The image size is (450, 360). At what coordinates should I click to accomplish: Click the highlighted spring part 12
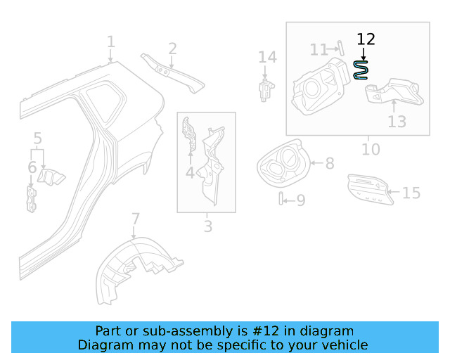361,69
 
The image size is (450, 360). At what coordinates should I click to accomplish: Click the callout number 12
366,39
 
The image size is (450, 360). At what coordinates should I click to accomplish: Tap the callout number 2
172,49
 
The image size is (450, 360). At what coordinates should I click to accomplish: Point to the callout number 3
207,226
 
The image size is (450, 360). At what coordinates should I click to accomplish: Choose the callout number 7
136,219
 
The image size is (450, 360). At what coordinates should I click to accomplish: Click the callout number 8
329,164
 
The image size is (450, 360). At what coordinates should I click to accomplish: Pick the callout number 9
300,201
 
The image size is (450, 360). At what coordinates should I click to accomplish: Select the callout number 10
371,149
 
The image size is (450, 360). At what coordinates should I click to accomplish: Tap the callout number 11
319,49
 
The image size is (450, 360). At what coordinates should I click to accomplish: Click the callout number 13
397,122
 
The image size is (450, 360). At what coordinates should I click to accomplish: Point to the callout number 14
267,57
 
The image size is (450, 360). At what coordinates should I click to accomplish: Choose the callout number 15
411,192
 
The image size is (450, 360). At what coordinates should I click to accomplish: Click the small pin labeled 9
281,200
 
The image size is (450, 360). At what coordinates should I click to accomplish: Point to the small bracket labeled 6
31,199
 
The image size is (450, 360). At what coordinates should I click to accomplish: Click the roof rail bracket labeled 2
172,72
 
